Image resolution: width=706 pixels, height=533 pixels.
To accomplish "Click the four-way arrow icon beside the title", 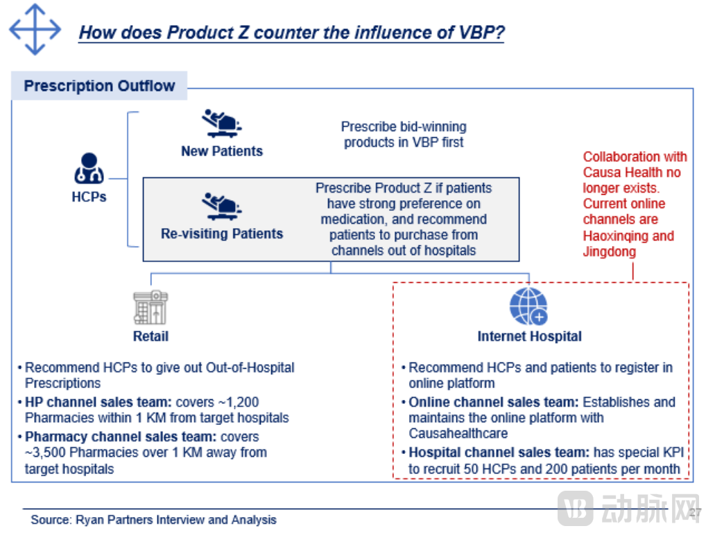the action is (35, 30).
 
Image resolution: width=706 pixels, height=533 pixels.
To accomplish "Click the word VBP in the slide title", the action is (481, 33).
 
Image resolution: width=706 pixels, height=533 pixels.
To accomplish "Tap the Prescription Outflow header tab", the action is (99, 85).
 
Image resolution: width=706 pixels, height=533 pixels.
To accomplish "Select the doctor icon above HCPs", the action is (89, 168).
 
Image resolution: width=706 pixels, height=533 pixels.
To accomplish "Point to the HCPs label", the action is (89, 197).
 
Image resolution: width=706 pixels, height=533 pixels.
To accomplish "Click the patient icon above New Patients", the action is (221, 123).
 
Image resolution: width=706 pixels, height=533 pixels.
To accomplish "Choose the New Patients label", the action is (222, 151).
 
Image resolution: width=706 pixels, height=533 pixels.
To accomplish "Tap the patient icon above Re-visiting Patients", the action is (221, 206).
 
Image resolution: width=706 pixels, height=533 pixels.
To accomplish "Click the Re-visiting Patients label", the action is (222, 234).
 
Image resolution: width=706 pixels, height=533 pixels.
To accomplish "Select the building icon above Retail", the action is (150, 308).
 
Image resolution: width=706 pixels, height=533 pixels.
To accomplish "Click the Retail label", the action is (150, 336).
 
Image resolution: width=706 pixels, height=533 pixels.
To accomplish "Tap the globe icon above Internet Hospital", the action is (528, 306).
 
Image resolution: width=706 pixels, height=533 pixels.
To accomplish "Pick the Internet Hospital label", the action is (530, 336).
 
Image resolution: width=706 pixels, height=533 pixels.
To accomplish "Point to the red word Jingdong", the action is (610, 252).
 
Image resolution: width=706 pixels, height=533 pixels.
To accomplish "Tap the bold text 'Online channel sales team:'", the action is (494, 402).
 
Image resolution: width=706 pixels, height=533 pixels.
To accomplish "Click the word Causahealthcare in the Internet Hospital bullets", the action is (458, 433).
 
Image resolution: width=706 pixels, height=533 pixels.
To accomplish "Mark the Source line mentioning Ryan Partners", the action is (153, 520).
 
